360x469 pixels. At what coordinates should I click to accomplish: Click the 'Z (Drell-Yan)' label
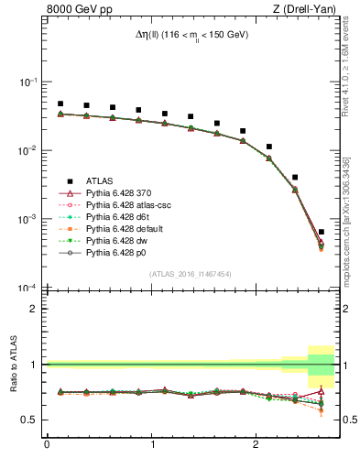(x=303, y=10)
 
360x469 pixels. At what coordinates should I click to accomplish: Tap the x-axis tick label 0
(x=47, y=445)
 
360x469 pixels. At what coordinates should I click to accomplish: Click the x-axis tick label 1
(x=150, y=445)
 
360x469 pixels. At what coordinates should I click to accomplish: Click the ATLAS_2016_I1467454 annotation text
(x=190, y=274)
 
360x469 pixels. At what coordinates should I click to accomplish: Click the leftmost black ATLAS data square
(x=60, y=104)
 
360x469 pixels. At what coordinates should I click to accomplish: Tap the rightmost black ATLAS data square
(x=321, y=232)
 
